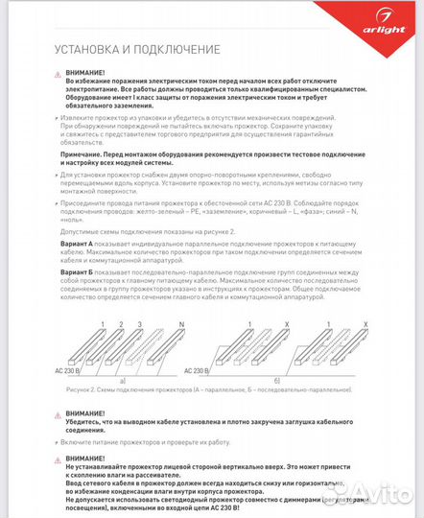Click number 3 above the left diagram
point(141,325)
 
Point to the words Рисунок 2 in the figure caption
point(82,391)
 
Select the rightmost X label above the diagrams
point(367,325)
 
